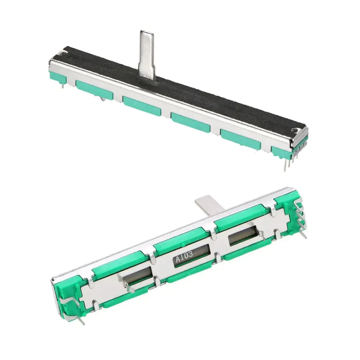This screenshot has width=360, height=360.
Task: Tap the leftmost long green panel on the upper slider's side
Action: point(94,91)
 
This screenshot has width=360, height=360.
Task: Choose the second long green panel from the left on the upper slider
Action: point(142,105)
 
